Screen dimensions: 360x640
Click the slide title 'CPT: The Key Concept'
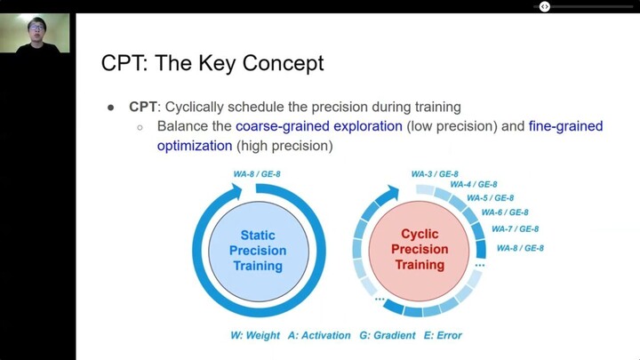pyautogui.click(x=213, y=64)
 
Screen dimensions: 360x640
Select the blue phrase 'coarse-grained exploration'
pyautogui.click(x=319, y=126)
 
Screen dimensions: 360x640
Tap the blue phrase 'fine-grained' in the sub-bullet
pyautogui.click(x=565, y=126)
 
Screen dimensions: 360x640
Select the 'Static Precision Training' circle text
pyautogui.click(x=258, y=251)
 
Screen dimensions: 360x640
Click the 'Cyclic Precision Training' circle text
pyautogui.click(x=420, y=251)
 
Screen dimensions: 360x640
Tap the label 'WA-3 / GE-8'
pyautogui.click(x=435, y=173)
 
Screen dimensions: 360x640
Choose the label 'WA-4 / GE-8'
pyautogui.click(x=473, y=184)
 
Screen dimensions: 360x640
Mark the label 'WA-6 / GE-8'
pyautogui.click(x=504, y=212)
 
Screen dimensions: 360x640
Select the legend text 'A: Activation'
pyautogui.click(x=322, y=335)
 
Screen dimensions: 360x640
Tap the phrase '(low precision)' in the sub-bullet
pyautogui.click(x=451, y=126)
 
